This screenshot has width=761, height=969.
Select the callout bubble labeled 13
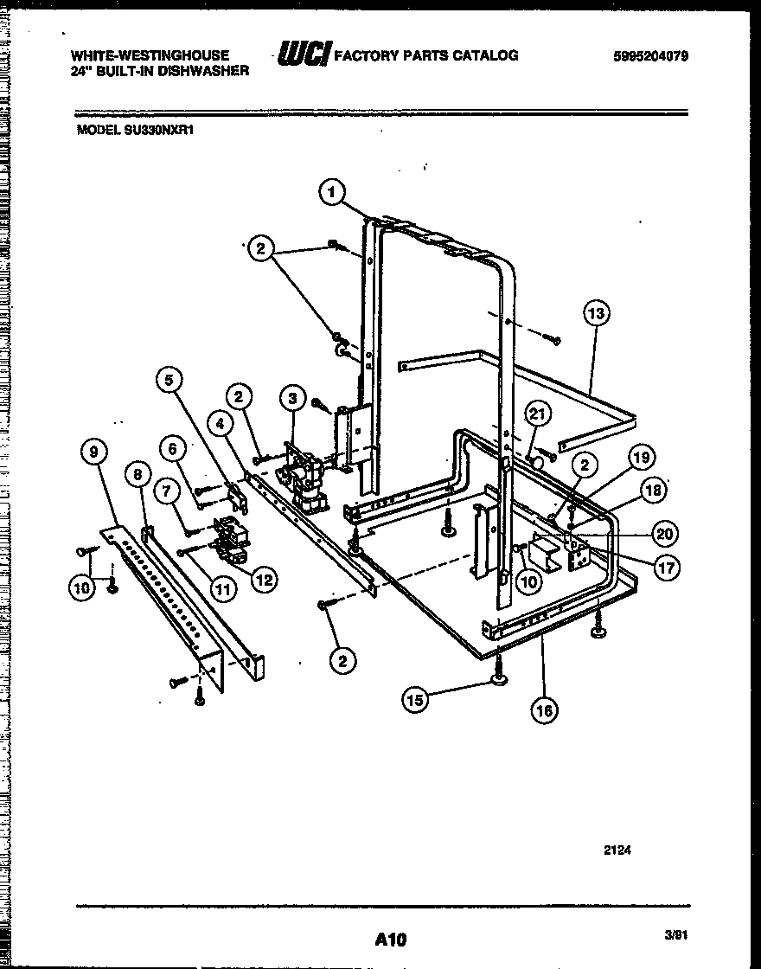click(597, 313)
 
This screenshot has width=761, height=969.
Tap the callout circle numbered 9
click(94, 451)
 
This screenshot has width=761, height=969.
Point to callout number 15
click(416, 701)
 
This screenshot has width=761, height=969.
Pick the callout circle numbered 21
click(537, 416)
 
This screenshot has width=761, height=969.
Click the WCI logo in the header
click(303, 56)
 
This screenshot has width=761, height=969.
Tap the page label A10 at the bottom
click(391, 939)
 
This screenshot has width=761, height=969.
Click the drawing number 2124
click(617, 850)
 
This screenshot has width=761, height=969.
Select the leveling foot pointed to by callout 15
click(500, 682)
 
